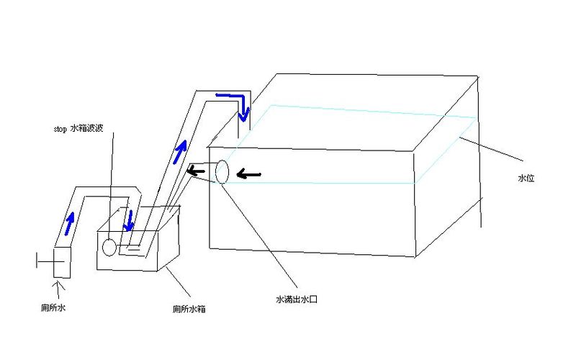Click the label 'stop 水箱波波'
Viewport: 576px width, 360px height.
coord(78,128)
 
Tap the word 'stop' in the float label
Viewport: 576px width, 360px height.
coord(60,129)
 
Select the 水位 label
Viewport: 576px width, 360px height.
coord(526,178)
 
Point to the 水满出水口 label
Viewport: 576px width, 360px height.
coord(296,300)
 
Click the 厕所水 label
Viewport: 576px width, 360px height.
coord(53,307)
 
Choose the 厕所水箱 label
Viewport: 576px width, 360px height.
coord(189,309)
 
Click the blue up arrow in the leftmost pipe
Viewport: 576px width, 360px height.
coord(69,223)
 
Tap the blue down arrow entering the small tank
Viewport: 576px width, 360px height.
coord(129,221)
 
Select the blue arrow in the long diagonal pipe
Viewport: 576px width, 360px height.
coord(179,151)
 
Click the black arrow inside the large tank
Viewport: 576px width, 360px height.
coord(248,174)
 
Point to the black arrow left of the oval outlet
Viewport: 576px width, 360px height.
coord(196,171)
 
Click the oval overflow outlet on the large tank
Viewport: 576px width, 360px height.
coord(222,172)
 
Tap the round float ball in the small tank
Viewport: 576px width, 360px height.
coord(109,247)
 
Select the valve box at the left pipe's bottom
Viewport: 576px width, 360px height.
coord(62,263)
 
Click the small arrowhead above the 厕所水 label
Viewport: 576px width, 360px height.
coord(58,285)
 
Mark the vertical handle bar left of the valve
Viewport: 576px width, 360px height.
coord(37,261)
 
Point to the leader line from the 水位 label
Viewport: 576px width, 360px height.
coord(491,150)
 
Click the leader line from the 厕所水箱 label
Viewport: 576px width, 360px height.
coord(178,282)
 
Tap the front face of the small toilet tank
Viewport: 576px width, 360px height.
coord(127,251)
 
